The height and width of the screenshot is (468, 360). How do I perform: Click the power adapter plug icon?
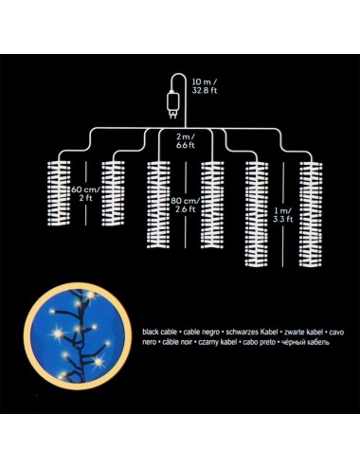[x=172, y=104]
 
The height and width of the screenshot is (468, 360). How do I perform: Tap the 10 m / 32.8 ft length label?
[x=205, y=86]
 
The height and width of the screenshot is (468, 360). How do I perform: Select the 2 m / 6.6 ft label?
[x=186, y=141]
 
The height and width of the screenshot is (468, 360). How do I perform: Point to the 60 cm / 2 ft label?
[x=85, y=194]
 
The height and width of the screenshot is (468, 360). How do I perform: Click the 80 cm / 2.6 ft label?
[x=186, y=205]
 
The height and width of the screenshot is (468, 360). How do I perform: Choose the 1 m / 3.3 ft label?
[x=283, y=215]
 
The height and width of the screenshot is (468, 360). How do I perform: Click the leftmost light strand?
[x=59, y=193]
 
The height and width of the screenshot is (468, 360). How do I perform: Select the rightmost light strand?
[x=311, y=214]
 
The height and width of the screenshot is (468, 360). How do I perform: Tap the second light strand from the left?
[x=113, y=193]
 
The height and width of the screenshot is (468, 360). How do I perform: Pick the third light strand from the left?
[x=158, y=205]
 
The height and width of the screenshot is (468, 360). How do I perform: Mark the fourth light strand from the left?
[x=212, y=205]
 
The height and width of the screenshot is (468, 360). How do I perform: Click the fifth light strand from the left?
[x=257, y=214]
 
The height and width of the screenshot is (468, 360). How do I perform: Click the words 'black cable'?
[x=159, y=333]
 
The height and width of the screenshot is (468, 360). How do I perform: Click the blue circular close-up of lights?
[x=78, y=336]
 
